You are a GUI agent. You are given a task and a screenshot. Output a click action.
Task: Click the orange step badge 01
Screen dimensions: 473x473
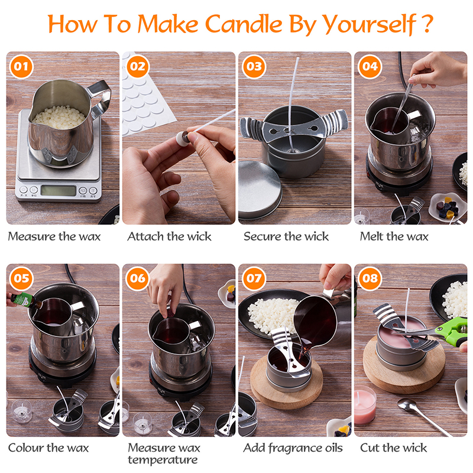[21, 66]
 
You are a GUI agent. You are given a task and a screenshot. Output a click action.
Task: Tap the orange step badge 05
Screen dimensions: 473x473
[21, 278]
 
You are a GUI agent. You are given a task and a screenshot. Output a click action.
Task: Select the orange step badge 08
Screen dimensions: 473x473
[369, 278]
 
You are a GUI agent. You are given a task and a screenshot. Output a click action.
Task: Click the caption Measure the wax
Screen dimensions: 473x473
[54, 237]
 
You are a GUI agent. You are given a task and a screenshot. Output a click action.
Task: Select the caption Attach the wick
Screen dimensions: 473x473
[169, 237]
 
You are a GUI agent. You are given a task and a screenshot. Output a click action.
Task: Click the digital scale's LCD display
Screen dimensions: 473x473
[58, 190]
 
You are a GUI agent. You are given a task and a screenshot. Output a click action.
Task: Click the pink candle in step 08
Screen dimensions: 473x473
[365, 406]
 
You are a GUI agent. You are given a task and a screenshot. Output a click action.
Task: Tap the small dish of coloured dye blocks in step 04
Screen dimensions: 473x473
[447, 207]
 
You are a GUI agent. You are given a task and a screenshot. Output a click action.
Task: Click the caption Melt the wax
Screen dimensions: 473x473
[394, 237]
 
